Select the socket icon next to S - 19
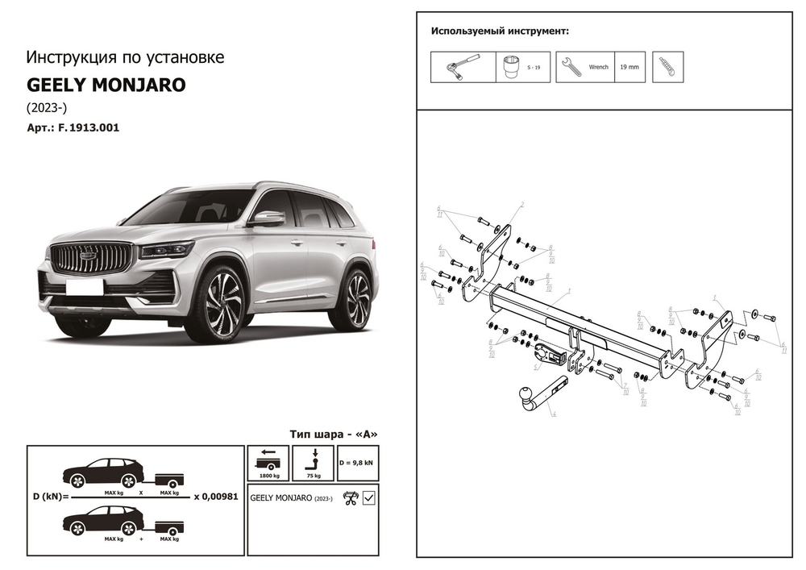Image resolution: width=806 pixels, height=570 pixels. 511,67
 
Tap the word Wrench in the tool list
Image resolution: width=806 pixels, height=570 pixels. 599,67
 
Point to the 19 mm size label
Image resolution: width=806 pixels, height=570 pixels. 629,67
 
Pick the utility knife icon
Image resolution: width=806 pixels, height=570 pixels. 667,67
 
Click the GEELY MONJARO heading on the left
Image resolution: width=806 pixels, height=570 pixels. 106,85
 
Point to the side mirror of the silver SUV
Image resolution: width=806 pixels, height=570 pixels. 268,218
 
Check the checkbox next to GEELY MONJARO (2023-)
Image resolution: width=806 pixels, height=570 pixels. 369,497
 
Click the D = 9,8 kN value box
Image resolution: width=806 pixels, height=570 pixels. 356,464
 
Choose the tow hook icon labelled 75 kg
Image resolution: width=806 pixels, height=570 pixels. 314,460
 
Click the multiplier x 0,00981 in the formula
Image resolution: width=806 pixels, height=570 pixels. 216,497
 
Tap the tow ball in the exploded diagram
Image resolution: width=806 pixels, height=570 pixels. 524,395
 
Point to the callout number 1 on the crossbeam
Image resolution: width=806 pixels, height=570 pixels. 569,289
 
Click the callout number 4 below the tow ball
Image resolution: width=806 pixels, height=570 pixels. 555,414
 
